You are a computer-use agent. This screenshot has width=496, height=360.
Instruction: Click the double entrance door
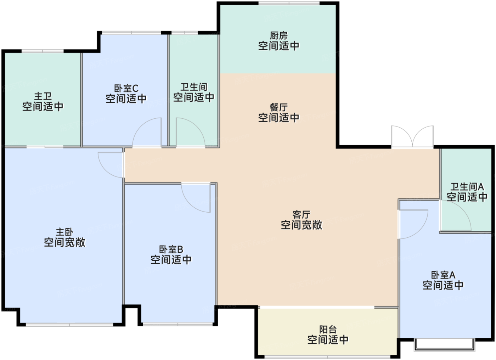click(x=412, y=136)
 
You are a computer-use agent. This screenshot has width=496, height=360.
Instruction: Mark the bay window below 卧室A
click(x=444, y=344)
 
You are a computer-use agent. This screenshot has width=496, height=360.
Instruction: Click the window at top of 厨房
click(x=289, y=4)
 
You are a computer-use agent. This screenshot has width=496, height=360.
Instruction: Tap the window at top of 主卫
click(x=43, y=51)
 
